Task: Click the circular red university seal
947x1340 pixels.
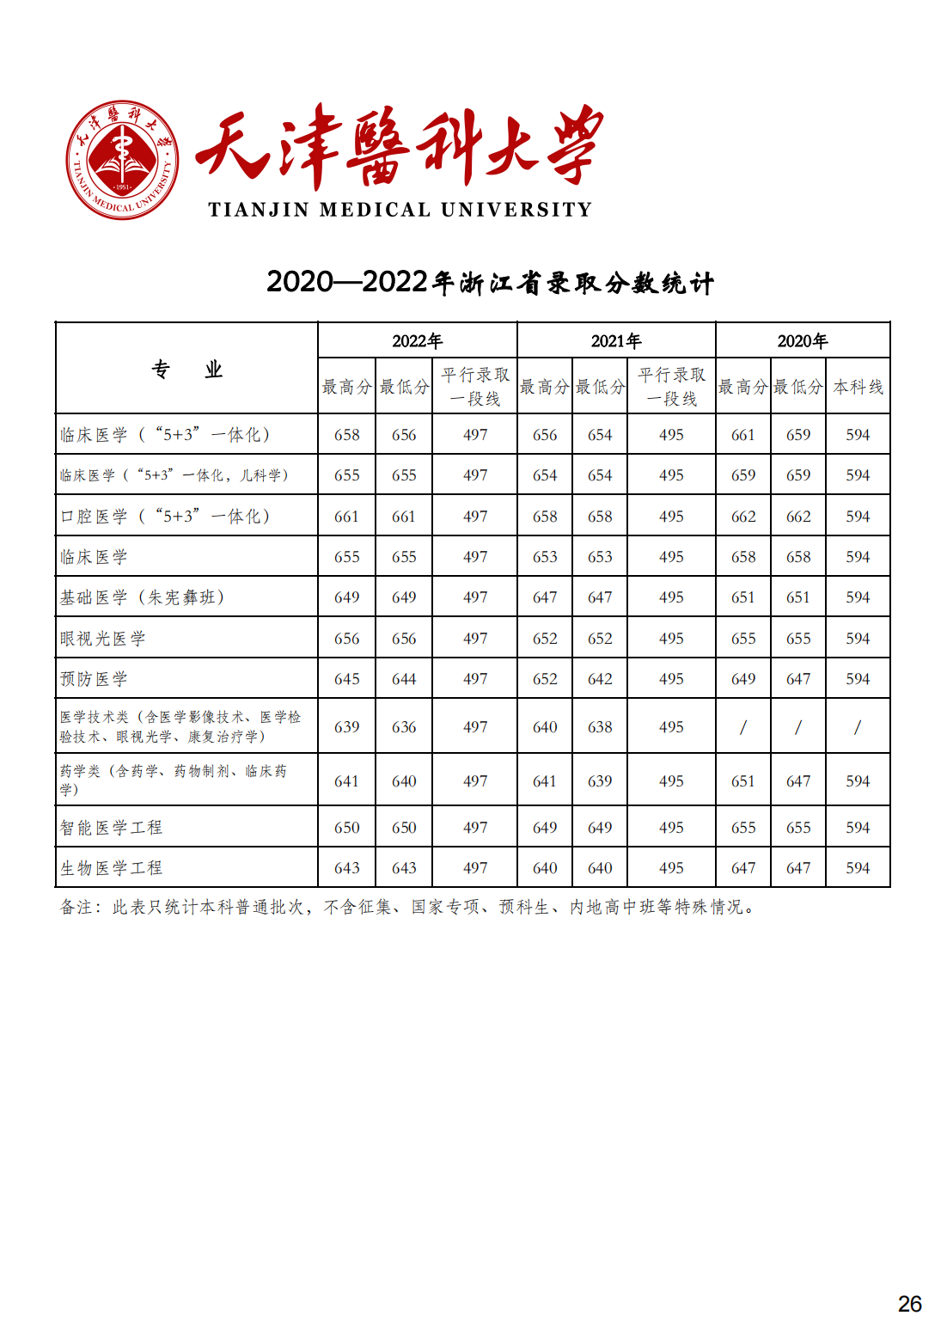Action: click(123, 160)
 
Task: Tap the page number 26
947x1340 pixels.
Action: click(909, 1304)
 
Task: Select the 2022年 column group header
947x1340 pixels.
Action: click(417, 341)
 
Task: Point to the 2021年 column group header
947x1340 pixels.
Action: click(616, 341)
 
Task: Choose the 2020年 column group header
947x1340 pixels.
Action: click(802, 341)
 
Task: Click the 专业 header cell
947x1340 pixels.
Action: click(186, 370)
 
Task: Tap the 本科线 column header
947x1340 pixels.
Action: click(858, 387)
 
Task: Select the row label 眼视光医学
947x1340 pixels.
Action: click(102, 639)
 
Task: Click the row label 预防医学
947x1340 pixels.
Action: click(94, 679)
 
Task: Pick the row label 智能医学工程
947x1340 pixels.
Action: click(111, 828)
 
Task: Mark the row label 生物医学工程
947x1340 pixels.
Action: click(111, 868)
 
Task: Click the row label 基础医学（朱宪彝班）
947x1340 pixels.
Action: click(142, 597)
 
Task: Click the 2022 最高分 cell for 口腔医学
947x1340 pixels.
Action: click(346, 517)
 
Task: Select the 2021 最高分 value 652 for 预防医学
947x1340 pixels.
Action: click(545, 679)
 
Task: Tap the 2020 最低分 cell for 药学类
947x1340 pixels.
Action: click(798, 781)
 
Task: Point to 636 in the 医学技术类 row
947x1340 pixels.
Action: click(404, 727)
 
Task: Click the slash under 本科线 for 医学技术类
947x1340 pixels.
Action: click(858, 727)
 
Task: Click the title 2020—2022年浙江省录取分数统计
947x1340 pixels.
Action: click(490, 283)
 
